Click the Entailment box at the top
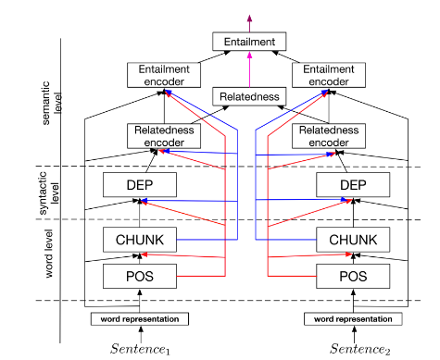pos(248,42)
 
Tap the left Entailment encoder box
pos(163,75)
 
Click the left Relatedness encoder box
pos(163,136)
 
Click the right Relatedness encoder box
pos(331,136)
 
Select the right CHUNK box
pos(352,240)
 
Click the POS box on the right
pos(352,275)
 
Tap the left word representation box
pos(139,318)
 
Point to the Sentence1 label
pos(140,349)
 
